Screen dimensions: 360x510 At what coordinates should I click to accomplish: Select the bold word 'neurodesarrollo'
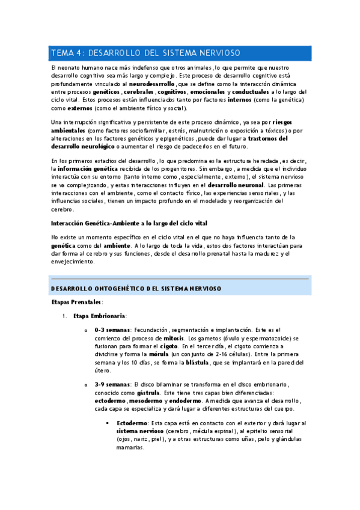(x=152, y=84)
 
